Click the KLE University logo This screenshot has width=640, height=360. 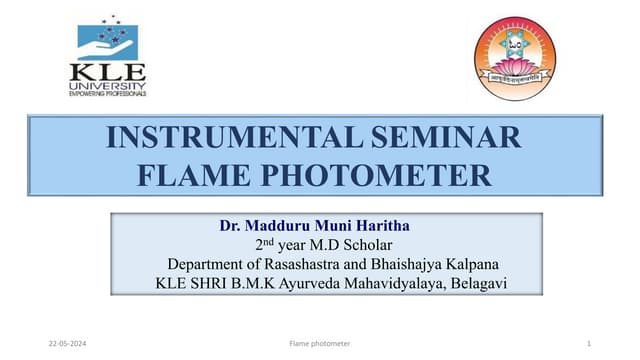click(x=107, y=58)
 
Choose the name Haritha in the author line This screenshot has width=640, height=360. click(x=374, y=225)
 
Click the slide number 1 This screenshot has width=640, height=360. click(x=590, y=343)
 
